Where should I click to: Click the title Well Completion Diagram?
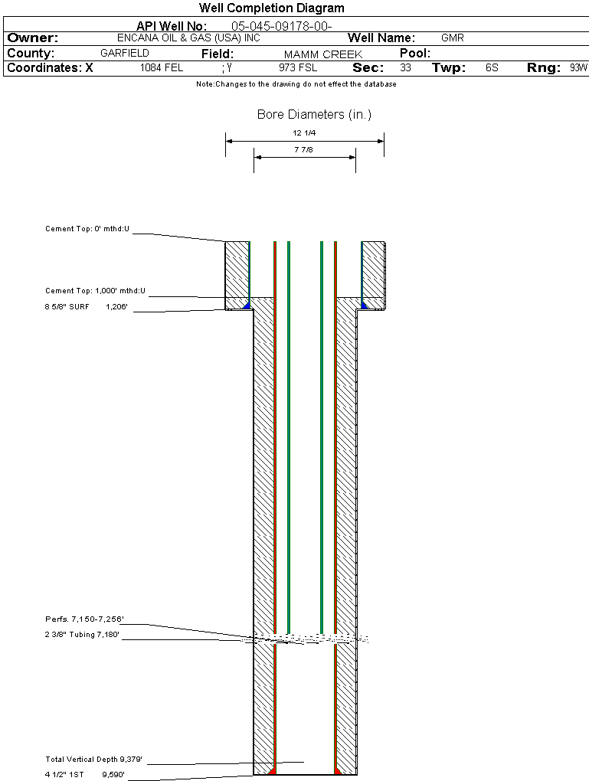click(271, 8)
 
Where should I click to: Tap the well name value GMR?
click(453, 38)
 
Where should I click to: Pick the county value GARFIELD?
click(125, 54)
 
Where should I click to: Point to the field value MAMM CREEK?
click(323, 54)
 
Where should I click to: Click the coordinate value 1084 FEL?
click(162, 67)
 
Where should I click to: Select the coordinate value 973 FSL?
click(298, 67)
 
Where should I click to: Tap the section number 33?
click(405, 67)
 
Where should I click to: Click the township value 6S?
click(492, 67)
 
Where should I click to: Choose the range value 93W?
click(578, 67)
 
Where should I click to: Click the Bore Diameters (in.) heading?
click(314, 115)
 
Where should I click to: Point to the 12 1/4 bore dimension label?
click(304, 133)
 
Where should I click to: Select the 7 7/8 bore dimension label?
click(304, 149)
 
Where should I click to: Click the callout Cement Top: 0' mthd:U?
click(87, 229)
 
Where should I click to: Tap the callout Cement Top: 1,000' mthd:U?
click(95, 291)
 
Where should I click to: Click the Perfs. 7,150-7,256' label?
click(84, 619)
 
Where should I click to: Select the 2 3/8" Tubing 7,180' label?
click(83, 635)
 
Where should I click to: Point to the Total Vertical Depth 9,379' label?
click(93, 760)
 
